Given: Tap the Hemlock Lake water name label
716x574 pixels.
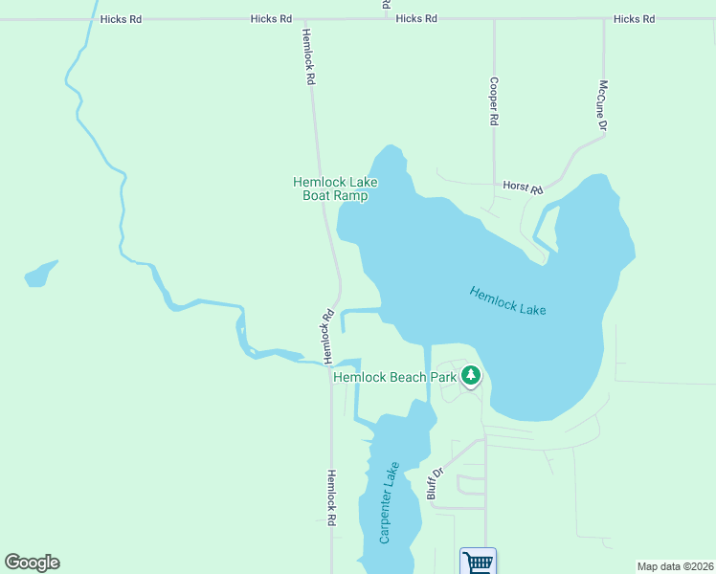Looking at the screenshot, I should click(507, 300).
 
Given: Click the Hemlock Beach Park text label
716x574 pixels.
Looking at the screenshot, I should click(394, 377).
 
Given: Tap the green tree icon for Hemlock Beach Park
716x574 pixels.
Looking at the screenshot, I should click(470, 376).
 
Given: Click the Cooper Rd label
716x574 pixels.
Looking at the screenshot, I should click(494, 102).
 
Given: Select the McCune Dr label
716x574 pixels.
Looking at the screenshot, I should click(603, 105).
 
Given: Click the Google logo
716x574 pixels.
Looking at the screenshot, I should click(32, 563).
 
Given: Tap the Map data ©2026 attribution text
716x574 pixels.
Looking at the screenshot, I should click(675, 566).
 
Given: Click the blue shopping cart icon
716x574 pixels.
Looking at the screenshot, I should click(477, 562).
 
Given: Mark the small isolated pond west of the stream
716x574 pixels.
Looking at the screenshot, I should click(38, 275).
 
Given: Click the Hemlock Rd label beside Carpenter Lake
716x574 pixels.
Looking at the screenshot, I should click(332, 497).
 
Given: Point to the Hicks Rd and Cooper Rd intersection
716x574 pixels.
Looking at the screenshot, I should click(494, 19).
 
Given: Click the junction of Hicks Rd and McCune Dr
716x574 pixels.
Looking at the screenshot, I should click(604, 19).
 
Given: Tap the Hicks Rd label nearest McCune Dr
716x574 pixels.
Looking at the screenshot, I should click(634, 19).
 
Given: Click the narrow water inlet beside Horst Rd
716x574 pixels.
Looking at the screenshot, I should click(544, 225).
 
